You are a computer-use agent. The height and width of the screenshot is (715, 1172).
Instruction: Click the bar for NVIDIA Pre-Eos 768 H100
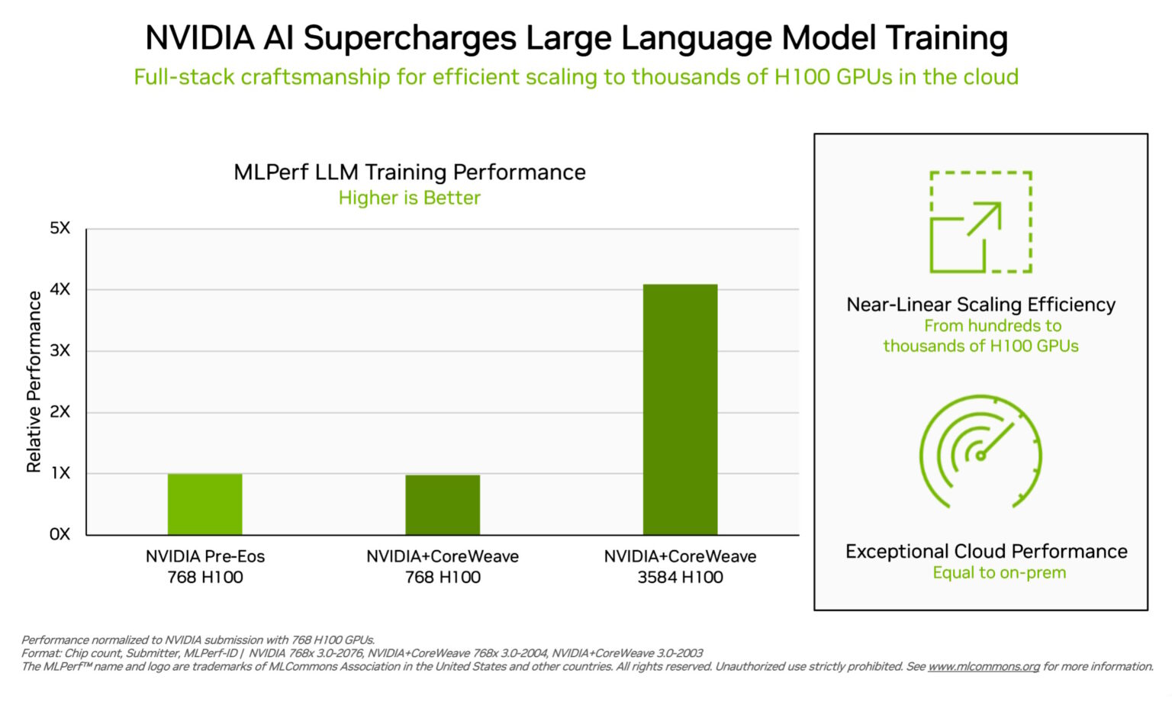[x=204, y=504]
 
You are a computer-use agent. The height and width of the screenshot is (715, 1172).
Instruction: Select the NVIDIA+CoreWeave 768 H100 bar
[x=443, y=504]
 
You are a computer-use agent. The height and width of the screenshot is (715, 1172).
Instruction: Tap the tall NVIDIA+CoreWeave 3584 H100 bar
[x=680, y=409]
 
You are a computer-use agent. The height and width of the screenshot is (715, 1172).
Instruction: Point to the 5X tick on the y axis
[x=60, y=228]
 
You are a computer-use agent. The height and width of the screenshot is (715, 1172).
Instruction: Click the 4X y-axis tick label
[x=60, y=289]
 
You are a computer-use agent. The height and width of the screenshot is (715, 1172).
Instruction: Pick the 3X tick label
[x=60, y=350]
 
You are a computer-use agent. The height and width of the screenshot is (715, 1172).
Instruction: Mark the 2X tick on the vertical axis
[x=60, y=412]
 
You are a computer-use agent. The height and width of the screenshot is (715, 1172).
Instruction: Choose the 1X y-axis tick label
[x=60, y=473]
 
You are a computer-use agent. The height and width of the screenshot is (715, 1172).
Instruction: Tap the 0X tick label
[x=60, y=534]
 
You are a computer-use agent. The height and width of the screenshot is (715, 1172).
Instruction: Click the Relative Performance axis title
[x=34, y=382]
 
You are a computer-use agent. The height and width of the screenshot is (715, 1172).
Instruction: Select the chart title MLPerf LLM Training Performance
[x=410, y=172]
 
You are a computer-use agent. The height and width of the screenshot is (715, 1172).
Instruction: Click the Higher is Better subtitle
[x=410, y=198]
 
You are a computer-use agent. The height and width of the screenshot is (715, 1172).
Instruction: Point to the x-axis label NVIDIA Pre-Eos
[x=205, y=556]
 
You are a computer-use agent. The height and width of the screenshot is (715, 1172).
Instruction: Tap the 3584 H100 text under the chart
[x=680, y=578]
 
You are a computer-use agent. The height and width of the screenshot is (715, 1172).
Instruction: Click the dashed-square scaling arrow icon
[x=980, y=222]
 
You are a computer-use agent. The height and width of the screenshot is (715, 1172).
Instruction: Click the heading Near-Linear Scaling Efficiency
[x=980, y=304]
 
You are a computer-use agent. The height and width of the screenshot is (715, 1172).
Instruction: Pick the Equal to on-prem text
[x=999, y=573]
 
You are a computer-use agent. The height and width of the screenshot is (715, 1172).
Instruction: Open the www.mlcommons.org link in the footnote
[x=984, y=667]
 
